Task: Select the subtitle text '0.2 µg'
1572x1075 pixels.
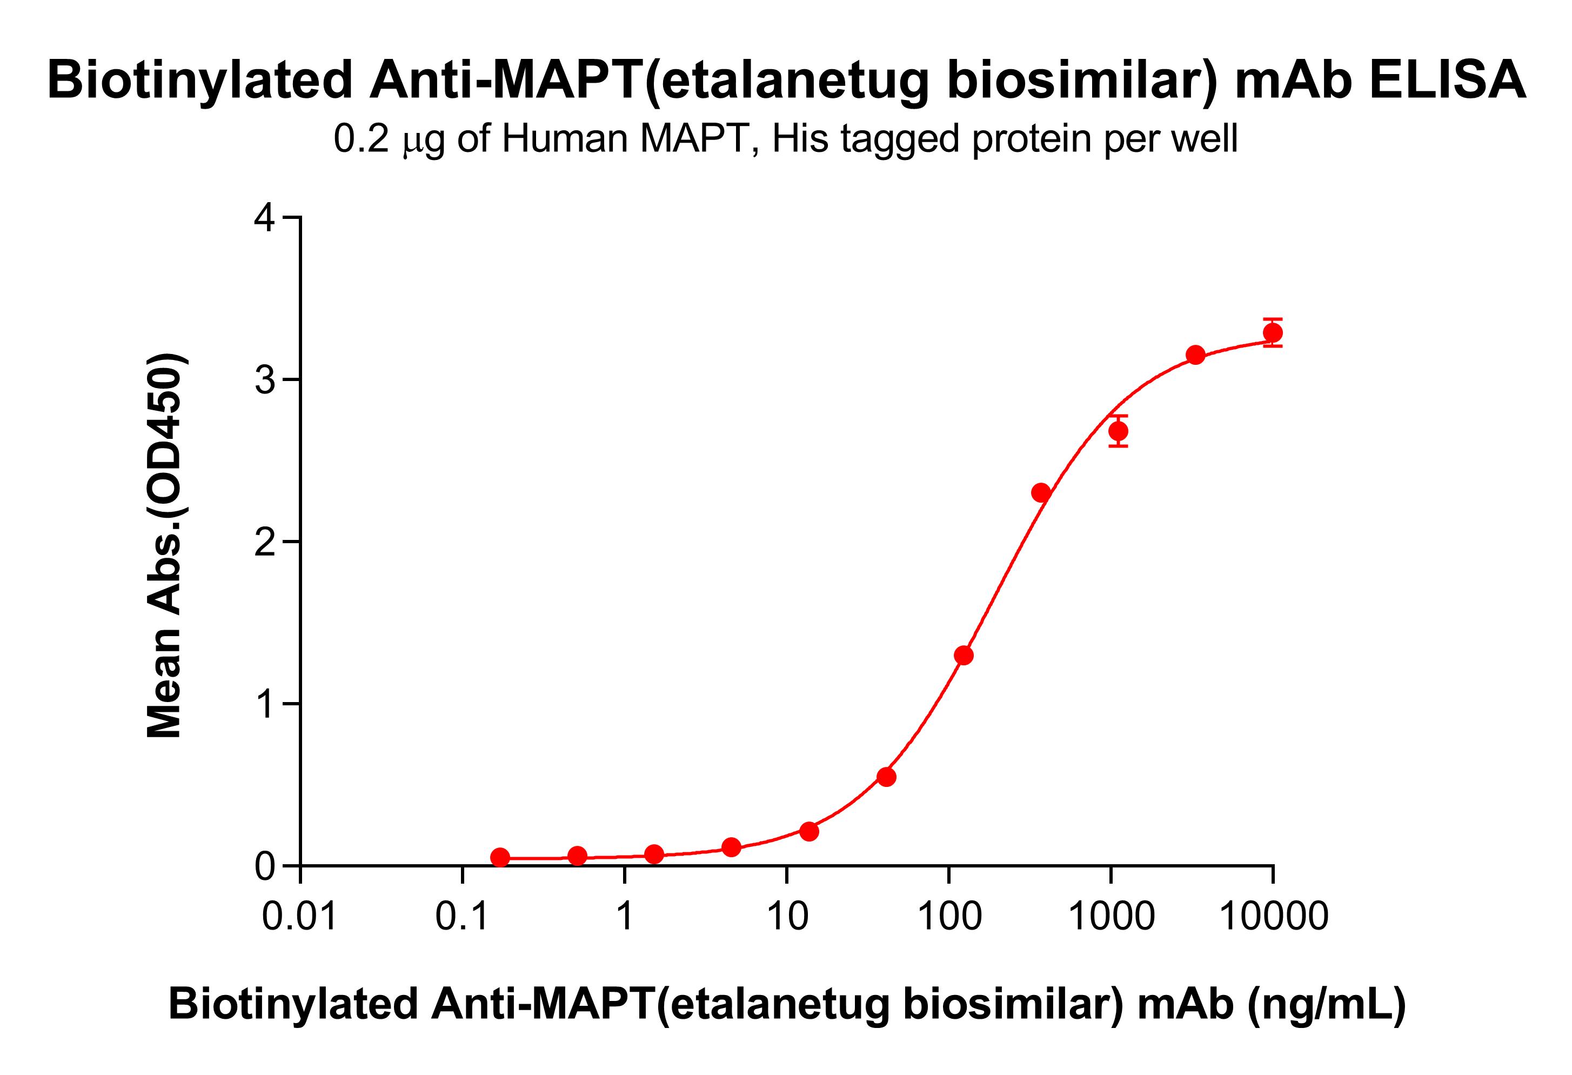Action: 390,139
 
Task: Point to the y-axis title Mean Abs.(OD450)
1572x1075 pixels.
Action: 164,545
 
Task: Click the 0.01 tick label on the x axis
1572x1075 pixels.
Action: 300,917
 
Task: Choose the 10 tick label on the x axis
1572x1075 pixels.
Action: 787,917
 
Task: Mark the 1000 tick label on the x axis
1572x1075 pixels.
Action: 1111,917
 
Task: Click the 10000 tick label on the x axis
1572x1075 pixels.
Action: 1273,917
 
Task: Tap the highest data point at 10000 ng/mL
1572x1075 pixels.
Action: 1272,333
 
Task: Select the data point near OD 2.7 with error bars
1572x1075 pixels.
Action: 1118,431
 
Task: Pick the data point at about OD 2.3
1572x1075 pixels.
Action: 1041,492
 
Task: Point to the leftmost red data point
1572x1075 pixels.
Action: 500,858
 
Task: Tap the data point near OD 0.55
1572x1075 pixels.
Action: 886,777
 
